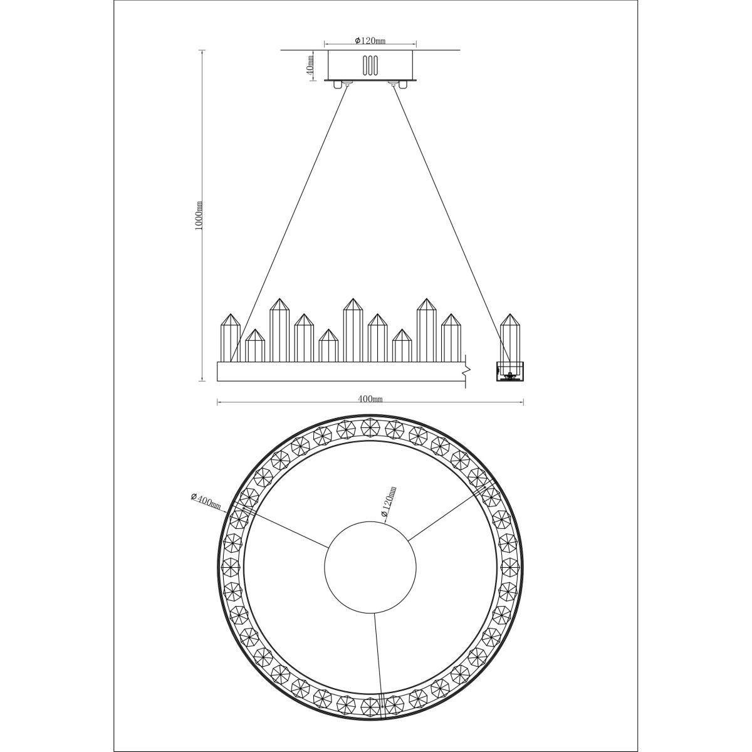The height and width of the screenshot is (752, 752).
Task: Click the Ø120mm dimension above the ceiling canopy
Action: [370, 41]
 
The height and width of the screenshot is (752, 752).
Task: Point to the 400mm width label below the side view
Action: [370, 399]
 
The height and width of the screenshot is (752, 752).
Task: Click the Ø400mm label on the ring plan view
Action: [206, 501]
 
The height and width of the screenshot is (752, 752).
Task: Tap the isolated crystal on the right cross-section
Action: [511, 338]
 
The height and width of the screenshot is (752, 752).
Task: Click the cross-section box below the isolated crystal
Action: [511, 371]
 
